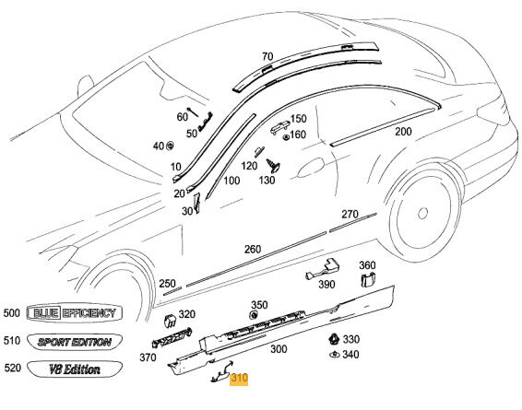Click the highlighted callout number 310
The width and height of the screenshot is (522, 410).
(239, 378)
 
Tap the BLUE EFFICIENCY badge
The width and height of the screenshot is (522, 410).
(74, 313)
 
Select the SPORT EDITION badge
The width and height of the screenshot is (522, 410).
(74, 342)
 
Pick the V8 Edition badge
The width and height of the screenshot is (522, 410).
(74, 369)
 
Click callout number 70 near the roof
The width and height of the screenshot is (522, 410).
(267, 56)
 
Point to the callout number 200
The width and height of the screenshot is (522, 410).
(403, 132)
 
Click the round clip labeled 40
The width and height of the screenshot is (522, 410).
(171, 146)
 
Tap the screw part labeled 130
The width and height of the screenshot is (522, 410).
(273, 166)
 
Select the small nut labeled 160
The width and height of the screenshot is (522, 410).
(286, 136)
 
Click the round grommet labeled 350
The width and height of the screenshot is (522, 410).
(254, 314)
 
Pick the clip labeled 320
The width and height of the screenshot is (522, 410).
(170, 321)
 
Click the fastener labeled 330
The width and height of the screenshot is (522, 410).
(333, 339)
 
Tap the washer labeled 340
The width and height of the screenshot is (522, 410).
(334, 355)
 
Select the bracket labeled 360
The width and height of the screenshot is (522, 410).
(368, 279)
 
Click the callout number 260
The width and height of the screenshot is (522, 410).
(253, 249)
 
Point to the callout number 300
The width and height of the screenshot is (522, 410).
(279, 349)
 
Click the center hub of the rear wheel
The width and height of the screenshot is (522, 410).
(422, 213)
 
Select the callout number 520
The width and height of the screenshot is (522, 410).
(13, 368)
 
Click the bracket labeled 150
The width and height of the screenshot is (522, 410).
(279, 127)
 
